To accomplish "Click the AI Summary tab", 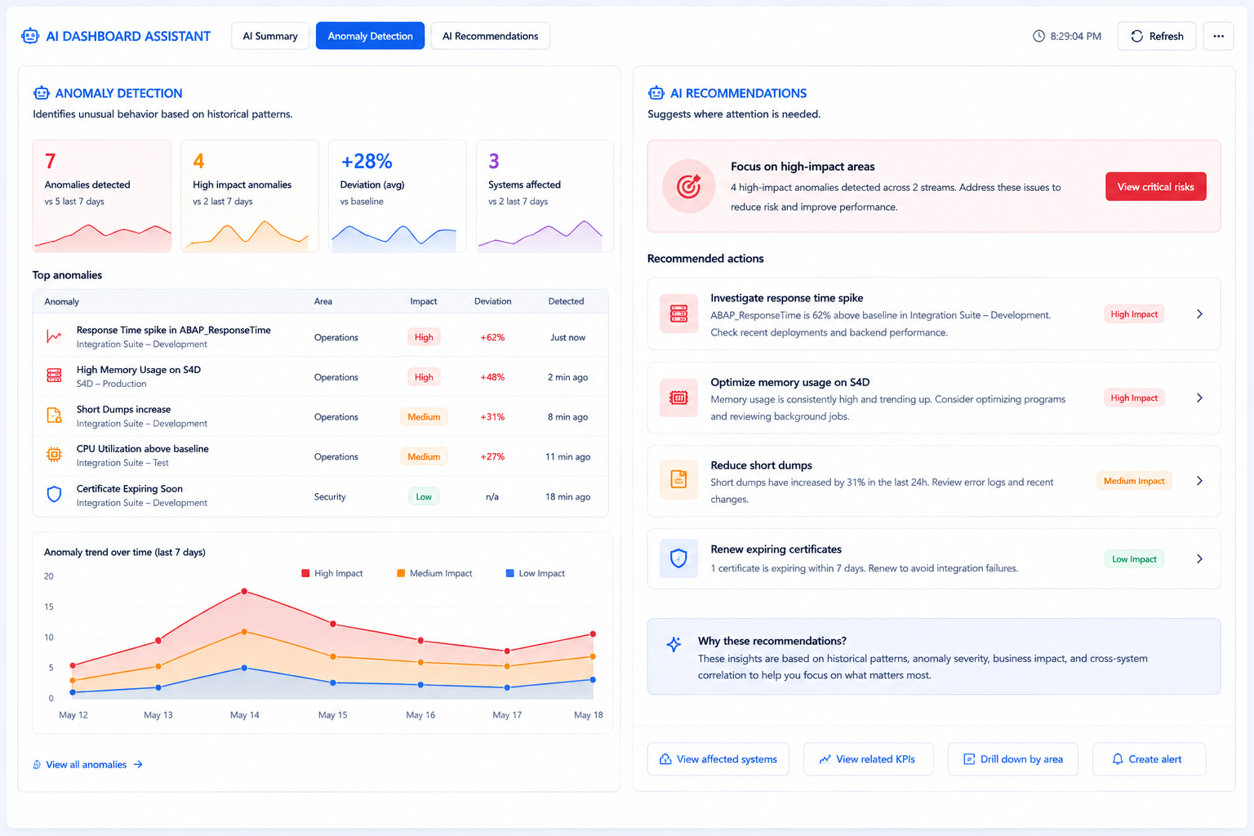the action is pos(270,36).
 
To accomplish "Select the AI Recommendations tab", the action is pos(490,36).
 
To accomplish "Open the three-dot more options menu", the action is pos(1218,36).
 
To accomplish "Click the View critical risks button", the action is pos(1155,186).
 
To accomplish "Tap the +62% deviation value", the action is pos(492,337).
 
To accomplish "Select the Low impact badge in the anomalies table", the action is pos(424,496).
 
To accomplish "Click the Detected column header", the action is pos(566,301).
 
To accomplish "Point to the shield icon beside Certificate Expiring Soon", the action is pos(55,495).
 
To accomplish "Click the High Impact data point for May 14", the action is pos(244,591).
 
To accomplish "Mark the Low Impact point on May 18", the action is pos(593,680).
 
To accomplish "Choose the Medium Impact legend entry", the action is pos(434,573).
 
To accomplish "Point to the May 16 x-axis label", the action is pos(420,715).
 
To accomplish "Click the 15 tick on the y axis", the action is pos(49,607).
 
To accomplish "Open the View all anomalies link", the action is pos(87,764).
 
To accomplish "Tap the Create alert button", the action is pos(1149,759).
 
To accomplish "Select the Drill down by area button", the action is pos(1012,759).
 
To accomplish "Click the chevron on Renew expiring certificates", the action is pos(1199,558).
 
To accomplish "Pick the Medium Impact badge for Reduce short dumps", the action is pos(1134,481).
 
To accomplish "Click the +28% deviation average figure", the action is pos(367,162).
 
